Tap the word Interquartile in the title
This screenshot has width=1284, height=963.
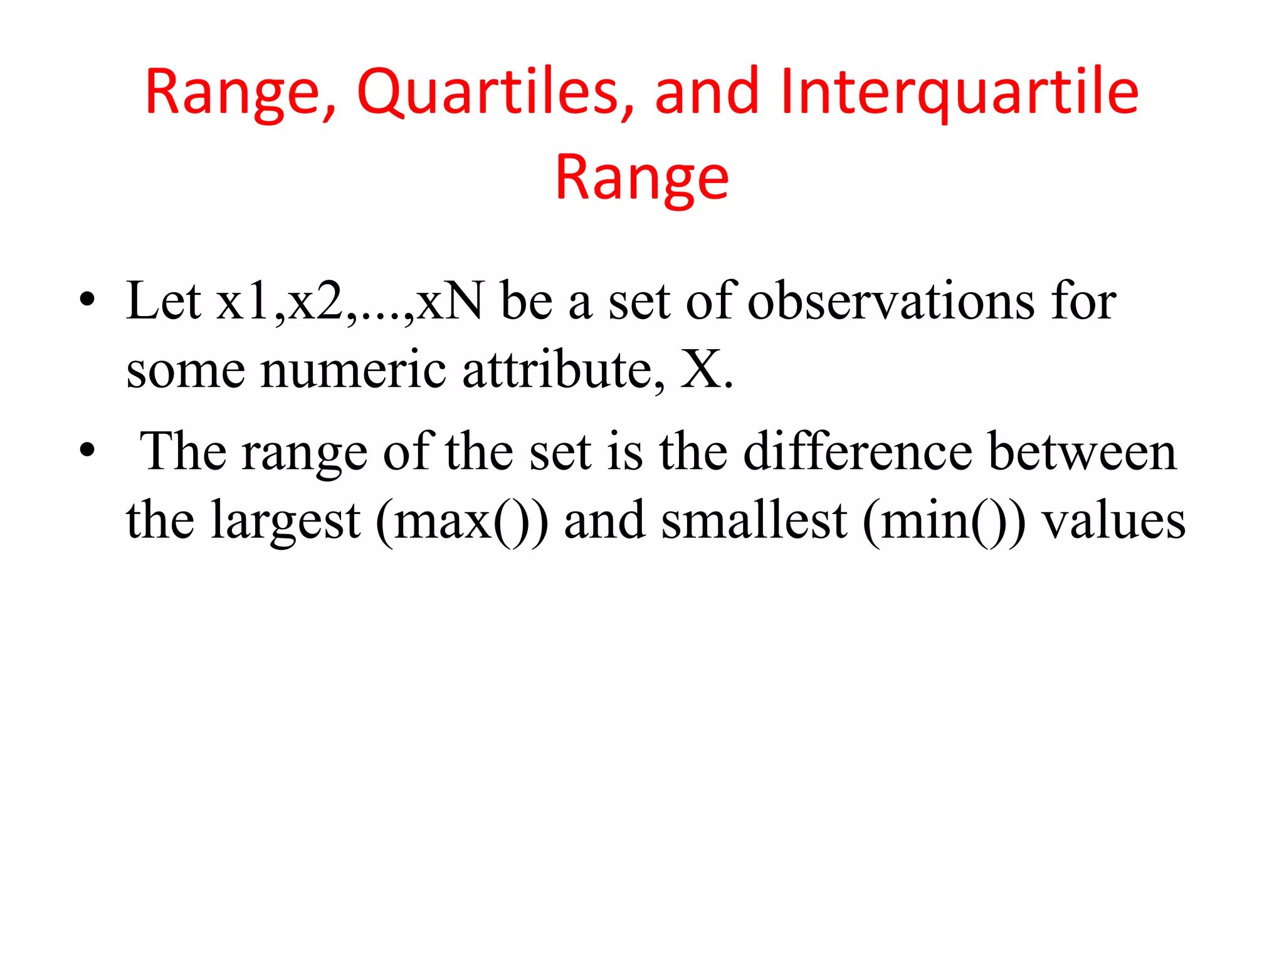959,93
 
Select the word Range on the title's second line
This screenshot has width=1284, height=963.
642,179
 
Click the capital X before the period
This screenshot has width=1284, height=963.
702,370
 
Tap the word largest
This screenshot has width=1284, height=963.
285,520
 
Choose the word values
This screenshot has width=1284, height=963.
1113,520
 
